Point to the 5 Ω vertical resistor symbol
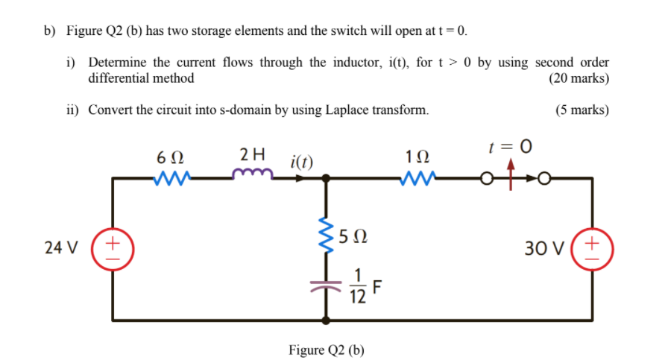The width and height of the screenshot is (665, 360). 326,238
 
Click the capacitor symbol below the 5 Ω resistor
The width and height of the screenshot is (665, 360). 326,285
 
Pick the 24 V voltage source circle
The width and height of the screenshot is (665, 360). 113,247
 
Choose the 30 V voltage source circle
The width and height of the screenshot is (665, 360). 593,247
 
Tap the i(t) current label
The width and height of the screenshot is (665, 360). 302,160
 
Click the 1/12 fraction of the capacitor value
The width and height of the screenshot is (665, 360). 357,286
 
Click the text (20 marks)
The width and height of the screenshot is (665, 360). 579,78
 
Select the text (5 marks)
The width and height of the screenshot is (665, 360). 582,110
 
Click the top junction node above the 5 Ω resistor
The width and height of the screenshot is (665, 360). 326,178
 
